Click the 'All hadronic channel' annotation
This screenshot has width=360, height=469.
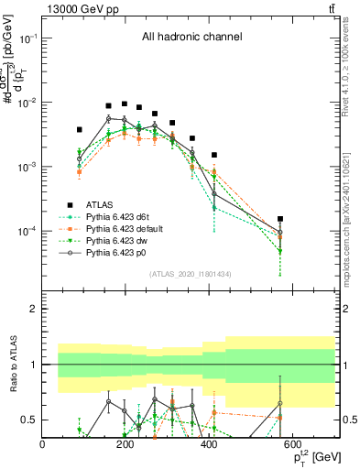coord(191,38)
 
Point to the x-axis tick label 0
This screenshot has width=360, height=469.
coord(43,445)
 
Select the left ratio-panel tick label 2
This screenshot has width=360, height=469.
coord(34,310)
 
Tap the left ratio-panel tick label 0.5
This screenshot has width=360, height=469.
coord(30,420)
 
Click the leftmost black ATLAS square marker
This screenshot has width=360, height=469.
coord(80,130)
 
